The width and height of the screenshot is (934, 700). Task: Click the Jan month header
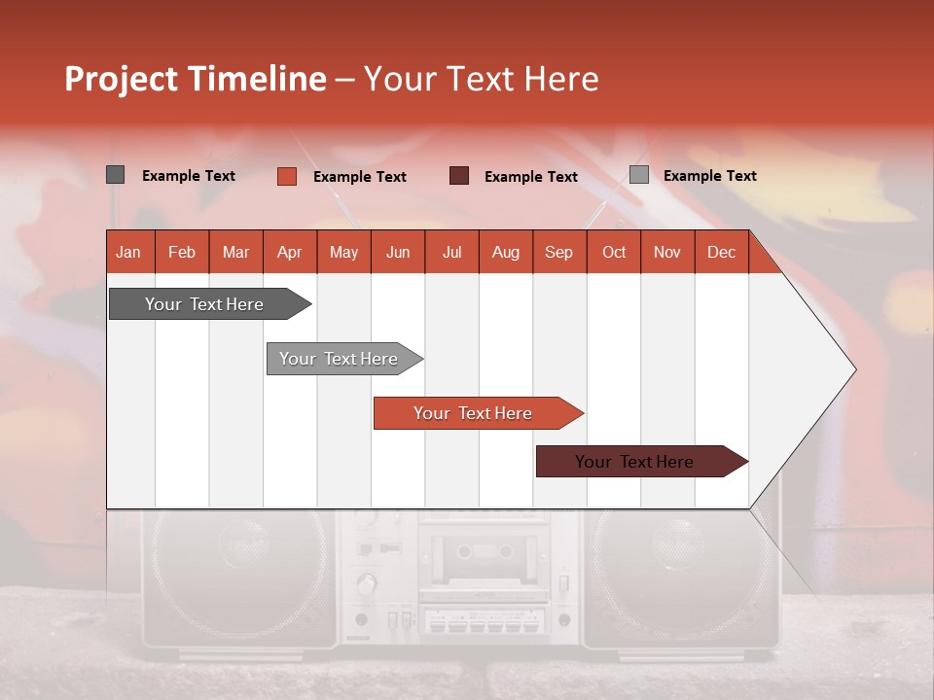click(x=129, y=252)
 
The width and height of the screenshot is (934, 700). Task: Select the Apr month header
click(x=290, y=252)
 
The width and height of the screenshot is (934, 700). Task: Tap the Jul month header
click(x=451, y=252)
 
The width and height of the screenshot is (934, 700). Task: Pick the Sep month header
click(x=558, y=252)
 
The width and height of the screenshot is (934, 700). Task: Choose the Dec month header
click(x=721, y=252)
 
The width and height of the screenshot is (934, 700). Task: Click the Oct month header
click(x=613, y=252)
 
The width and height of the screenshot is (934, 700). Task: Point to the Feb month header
click(x=182, y=252)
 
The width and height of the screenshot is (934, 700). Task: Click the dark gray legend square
click(x=116, y=175)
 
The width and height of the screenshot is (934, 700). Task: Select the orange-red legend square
click(x=286, y=176)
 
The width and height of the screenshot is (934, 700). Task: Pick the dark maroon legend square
click(x=459, y=176)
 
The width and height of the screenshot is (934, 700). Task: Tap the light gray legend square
click(x=639, y=175)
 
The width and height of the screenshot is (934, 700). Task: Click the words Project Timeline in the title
click(x=195, y=79)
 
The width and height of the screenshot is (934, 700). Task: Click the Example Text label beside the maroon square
click(x=531, y=177)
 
